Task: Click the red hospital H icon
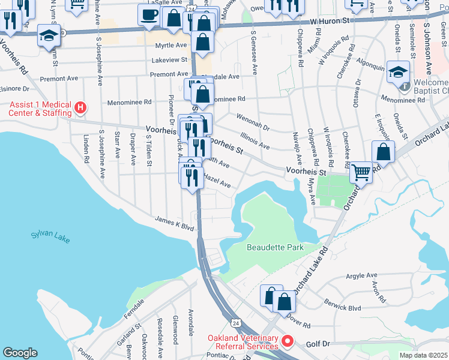click(x=81, y=109)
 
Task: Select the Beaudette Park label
click(x=275, y=247)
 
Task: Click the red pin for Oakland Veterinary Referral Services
click(x=287, y=342)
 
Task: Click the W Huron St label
click(x=329, y=21)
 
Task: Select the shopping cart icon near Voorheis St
click(x=361, y=172)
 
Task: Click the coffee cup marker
click(x=149, y=14)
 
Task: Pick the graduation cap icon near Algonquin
click(x=397, y=73)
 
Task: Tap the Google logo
click(x=20, y=353)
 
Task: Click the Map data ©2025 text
click(x=423, y=355)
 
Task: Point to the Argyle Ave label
click(x=361, y=276)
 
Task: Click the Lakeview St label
click(x=170, y=61)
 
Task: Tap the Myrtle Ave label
click(x=170, y=46)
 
